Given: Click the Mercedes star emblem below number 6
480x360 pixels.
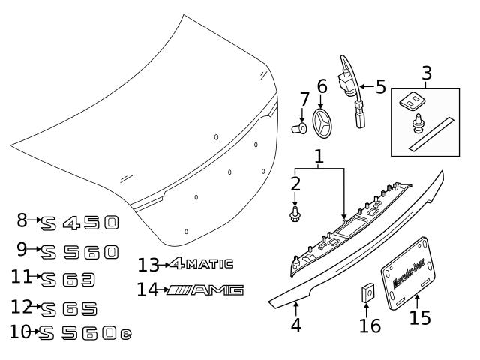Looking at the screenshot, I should click(322, 121).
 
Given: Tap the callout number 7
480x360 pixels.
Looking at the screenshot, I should click(304, 100).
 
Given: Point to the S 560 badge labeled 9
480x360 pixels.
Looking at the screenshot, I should click(82, 251).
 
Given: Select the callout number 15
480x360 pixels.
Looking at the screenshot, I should click(421, 317).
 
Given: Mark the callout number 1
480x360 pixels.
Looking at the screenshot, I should click(319, 157).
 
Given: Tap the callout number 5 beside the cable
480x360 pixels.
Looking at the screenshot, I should click(380, 86).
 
